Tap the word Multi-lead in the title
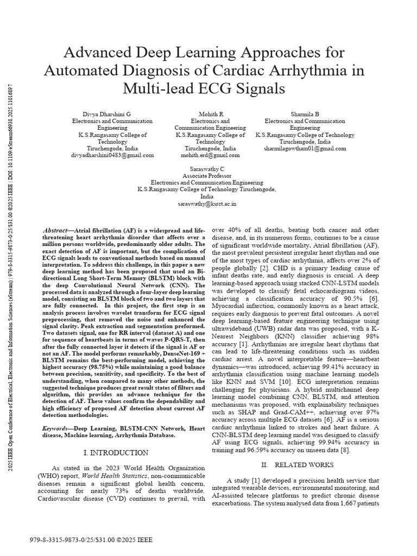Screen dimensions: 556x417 167,89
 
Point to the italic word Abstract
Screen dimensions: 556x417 55,231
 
